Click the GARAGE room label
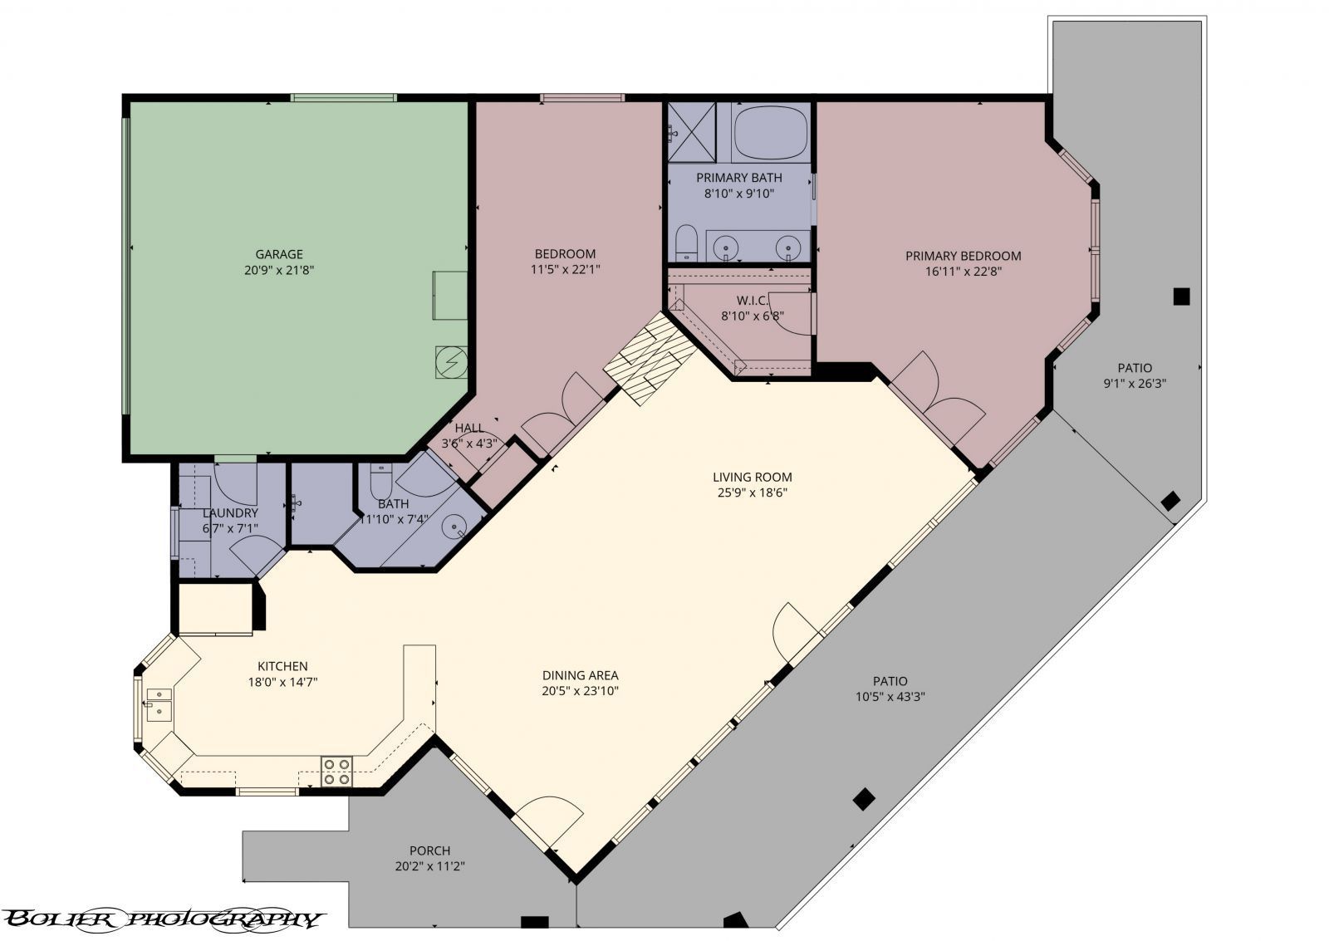pos(278,254)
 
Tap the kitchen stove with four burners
pos(336,771)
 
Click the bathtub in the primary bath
pos(771,132)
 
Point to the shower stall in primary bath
pos(691,131)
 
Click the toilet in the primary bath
pos(686,243)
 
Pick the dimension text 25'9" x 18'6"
pos(752,493)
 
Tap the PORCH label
pos(429,850)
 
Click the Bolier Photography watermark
pos(162,919)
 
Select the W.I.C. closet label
pos(752,300)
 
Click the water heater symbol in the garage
pos(452,361)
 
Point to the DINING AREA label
pos(580,675)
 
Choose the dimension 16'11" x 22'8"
pos(964,271)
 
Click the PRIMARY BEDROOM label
pos(964,256)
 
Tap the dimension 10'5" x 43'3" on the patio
pos(890,696)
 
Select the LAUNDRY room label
pos(230,513)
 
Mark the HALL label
pos(469,428)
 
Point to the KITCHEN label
pos(282,666)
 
